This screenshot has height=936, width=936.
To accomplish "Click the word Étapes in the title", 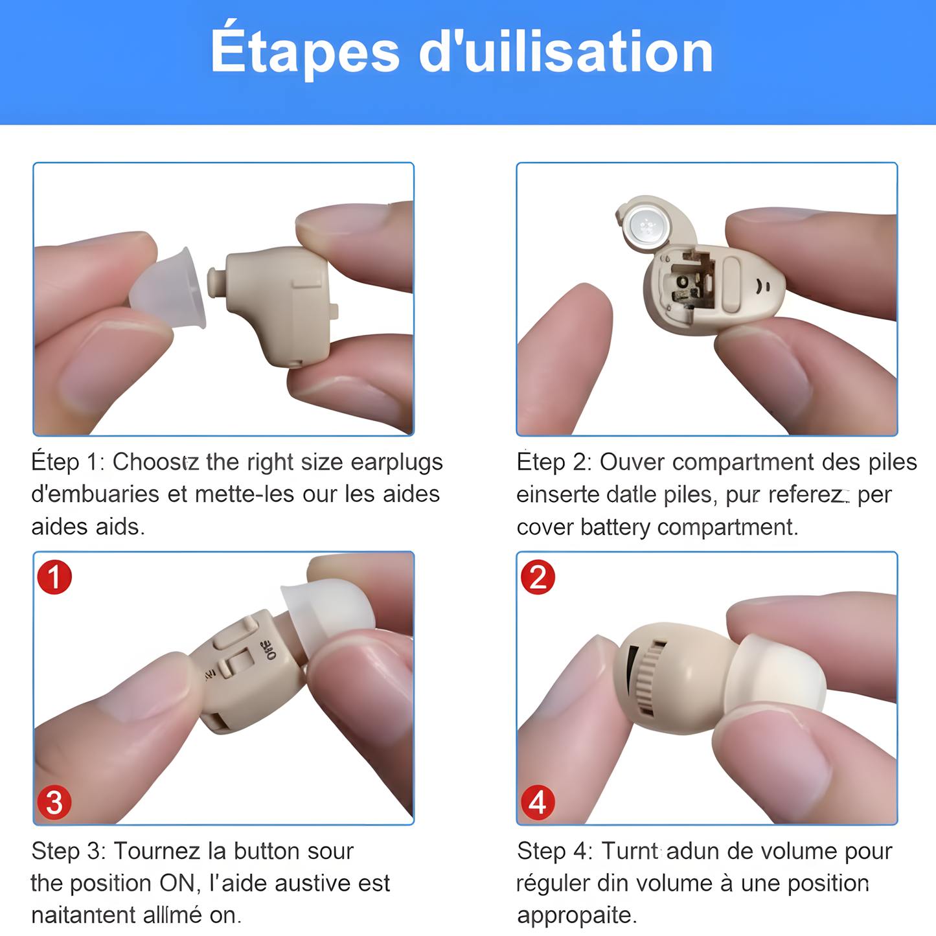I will pos(305,53).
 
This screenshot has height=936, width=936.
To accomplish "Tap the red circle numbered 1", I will pos(54,577).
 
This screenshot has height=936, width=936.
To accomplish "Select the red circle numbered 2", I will pos(538,577).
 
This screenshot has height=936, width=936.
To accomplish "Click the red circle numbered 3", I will pos(54,803).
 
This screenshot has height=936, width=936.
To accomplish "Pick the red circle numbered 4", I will pos(538,803).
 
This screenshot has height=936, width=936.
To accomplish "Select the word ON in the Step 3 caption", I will pos(177,884).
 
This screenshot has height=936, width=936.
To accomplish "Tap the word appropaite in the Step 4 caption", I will pos(576,915).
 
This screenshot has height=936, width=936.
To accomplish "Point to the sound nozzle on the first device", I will pos(216,282).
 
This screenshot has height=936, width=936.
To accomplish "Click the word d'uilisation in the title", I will pos(566,53).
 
